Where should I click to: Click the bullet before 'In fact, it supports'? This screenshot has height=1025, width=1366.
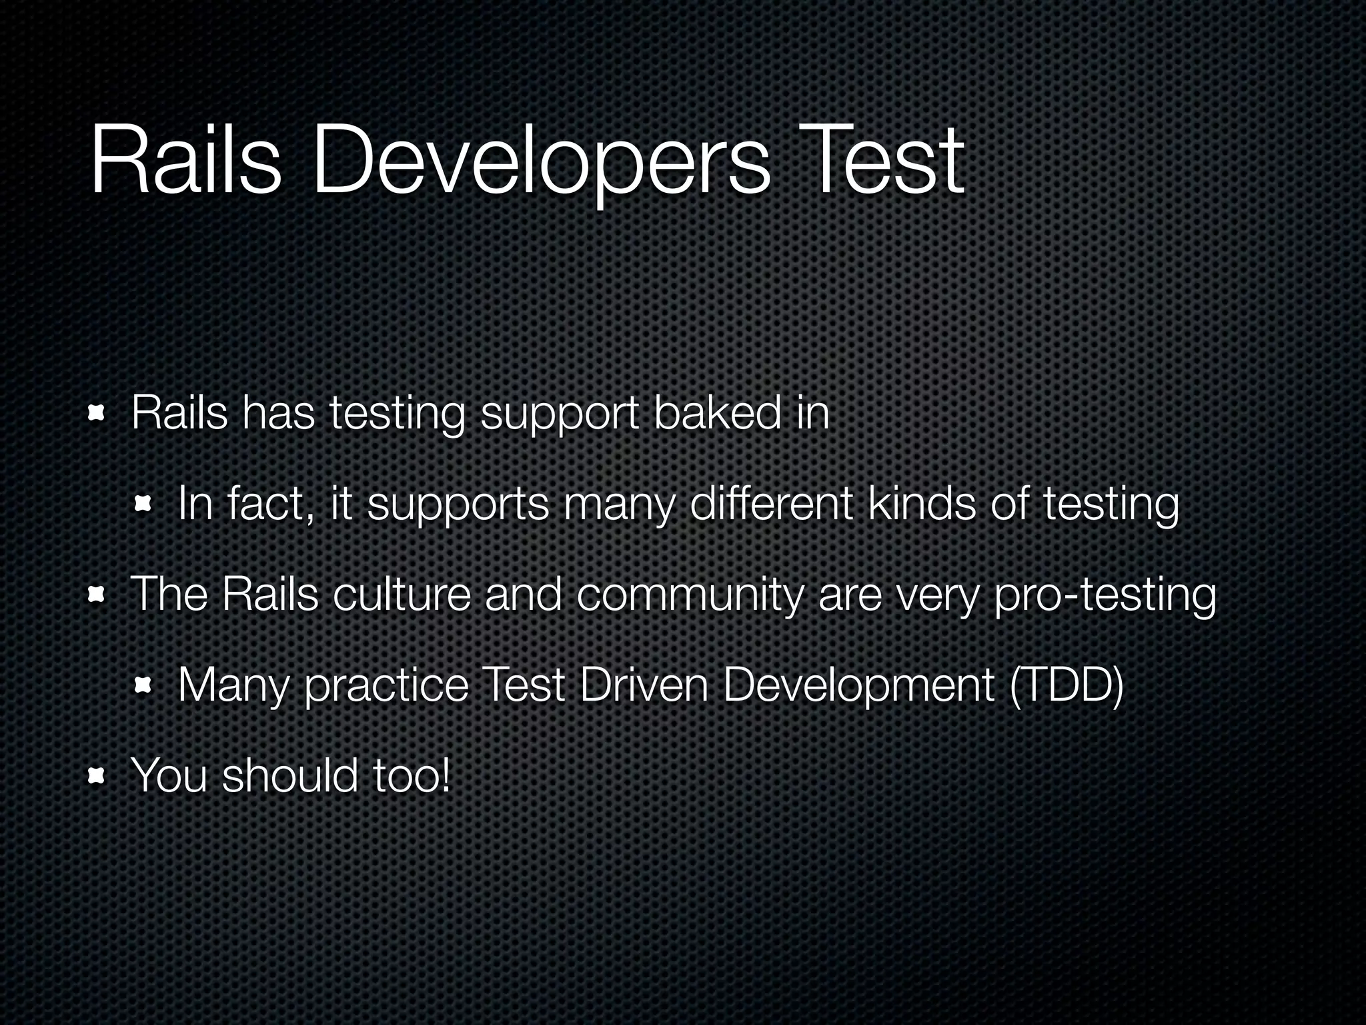click(144, 505)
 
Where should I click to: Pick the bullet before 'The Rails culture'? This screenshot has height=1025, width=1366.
click(97, 596)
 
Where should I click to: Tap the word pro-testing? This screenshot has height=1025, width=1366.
click(1105, 596)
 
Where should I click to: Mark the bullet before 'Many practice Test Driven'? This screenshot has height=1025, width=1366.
click(144, 686)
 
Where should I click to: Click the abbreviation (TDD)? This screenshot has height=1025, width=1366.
click(1067, 686)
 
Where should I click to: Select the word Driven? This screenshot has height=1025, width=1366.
click(644, 685)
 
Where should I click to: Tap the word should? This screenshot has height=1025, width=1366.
click(290, 775)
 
